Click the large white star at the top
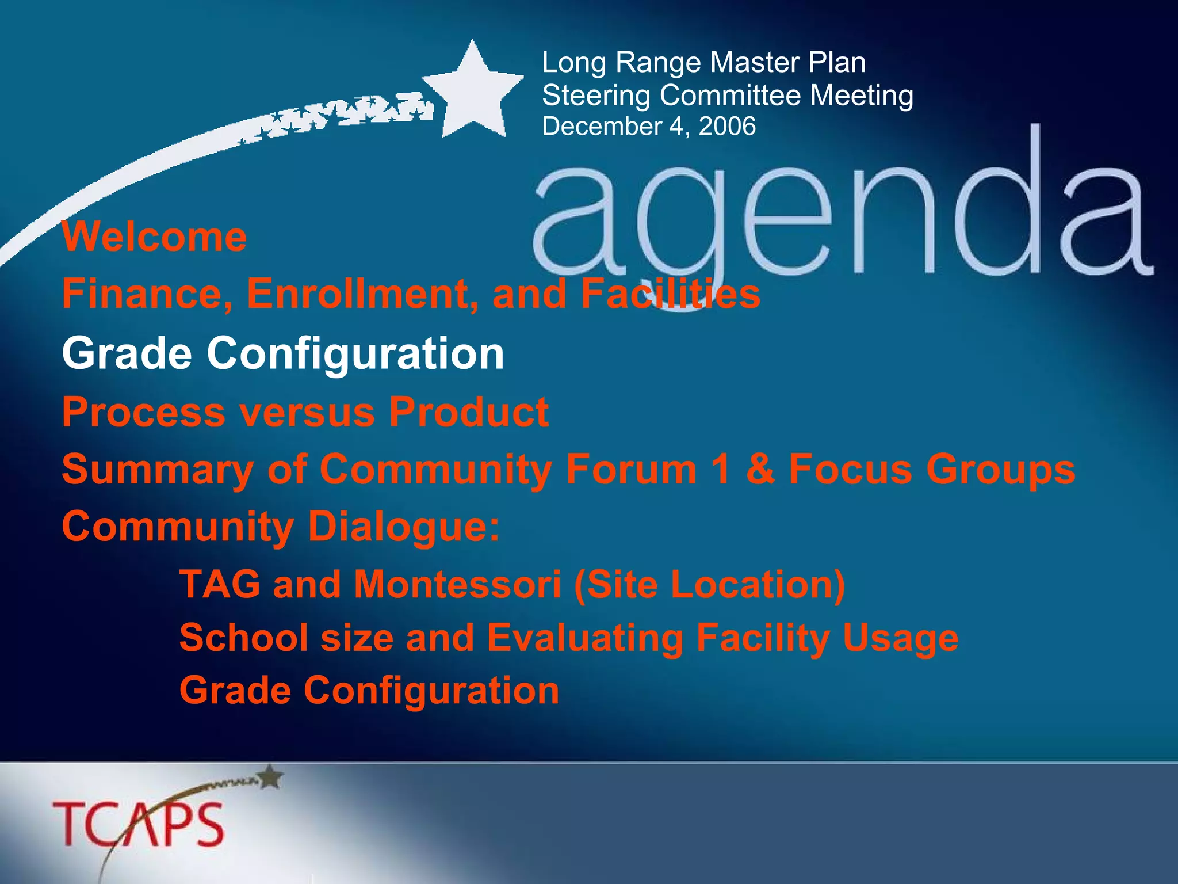[x=473, y=92]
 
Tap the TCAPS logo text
[x=138, y=824]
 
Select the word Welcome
[x=154, y=237]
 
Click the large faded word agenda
[x=840, y=219]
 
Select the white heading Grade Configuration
[x=283, y=353]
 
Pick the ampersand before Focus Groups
[x=760, y=469]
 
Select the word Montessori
[x=457, y=584]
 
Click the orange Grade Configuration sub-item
[x=369, y=690]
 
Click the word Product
[x=469, y=412]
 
